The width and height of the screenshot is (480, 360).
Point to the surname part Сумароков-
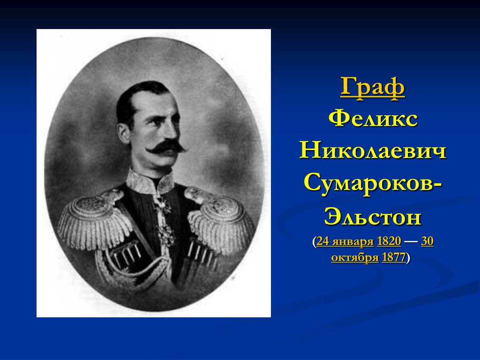(373, 184)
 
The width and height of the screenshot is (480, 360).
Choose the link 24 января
(345, 241)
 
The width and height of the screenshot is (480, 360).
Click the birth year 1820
(389, 241)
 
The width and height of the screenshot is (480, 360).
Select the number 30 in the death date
(427, 241)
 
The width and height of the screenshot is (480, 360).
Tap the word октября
(355, 257)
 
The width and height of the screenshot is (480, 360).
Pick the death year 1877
(394, 257)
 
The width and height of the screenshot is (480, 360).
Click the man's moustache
(166, 147)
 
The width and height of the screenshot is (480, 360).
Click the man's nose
(173, 131)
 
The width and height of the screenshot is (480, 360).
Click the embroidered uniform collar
(150, 182)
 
